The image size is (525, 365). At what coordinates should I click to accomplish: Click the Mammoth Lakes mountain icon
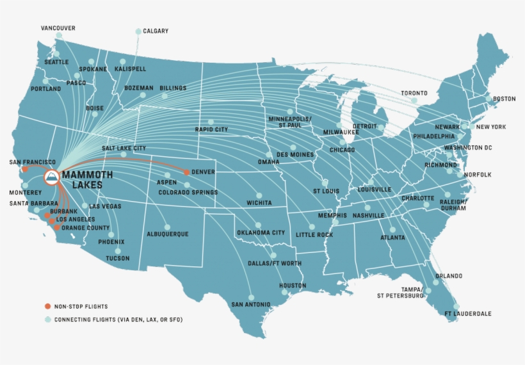click(51, 177)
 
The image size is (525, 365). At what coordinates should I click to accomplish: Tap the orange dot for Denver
click(186, 172)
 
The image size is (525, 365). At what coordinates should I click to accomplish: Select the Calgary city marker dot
click(138, 31)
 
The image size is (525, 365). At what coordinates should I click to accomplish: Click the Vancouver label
click(58, 28)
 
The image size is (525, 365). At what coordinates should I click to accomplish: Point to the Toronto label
click(414, 93)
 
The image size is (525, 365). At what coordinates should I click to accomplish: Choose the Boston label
click(504, 99)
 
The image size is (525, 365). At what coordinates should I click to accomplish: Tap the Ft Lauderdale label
click(468, 314)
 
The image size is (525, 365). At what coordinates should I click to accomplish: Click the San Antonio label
click(251, 304)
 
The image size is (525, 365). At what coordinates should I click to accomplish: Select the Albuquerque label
click(167, 234)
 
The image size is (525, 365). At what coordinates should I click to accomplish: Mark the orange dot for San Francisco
click(24, 170)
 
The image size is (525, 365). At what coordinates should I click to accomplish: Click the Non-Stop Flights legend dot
click(47, 306)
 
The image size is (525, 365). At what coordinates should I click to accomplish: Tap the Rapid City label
click(211, 129)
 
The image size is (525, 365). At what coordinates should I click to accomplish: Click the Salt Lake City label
click(124, 148)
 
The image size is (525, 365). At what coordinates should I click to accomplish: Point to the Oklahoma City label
click(261, 233)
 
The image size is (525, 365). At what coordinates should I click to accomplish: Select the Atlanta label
click(392, 238)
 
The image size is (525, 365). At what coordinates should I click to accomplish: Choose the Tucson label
click(117, 259)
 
